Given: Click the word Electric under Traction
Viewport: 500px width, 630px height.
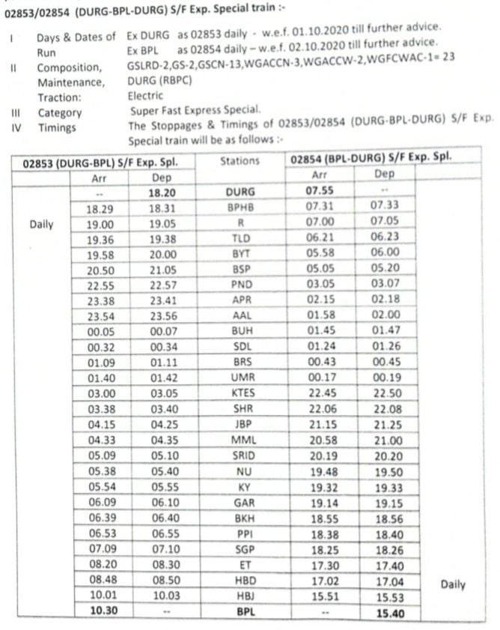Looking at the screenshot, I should click(x=145, y=97).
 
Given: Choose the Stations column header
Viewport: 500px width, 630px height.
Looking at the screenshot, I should click(x=240, y=161).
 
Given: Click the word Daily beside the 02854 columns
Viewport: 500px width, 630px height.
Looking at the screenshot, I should click(x=453, y=584).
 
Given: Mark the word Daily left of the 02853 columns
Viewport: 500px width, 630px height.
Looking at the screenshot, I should click(x=41, y=224).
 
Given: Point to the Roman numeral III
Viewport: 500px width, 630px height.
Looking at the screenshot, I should click(x=13, y=112).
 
